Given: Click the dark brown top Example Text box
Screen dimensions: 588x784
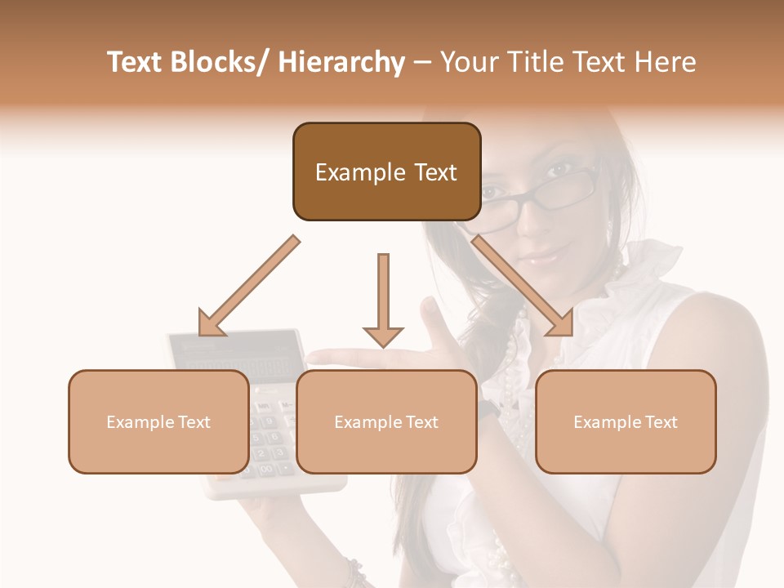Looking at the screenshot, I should tap(386, 171).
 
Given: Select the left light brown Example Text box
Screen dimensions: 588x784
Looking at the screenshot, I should tap(158, 421).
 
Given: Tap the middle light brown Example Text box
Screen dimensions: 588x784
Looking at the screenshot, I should tap(386, 421).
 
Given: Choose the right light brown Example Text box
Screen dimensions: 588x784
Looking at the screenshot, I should tap(626, 421).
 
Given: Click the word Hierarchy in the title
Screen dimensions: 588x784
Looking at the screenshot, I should tap(341, 62).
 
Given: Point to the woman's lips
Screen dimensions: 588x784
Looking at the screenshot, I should tap(543, 258).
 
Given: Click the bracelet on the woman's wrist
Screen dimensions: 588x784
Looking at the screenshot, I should tap(354, 572).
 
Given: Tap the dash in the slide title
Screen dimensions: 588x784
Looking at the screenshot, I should tap(422, 62).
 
